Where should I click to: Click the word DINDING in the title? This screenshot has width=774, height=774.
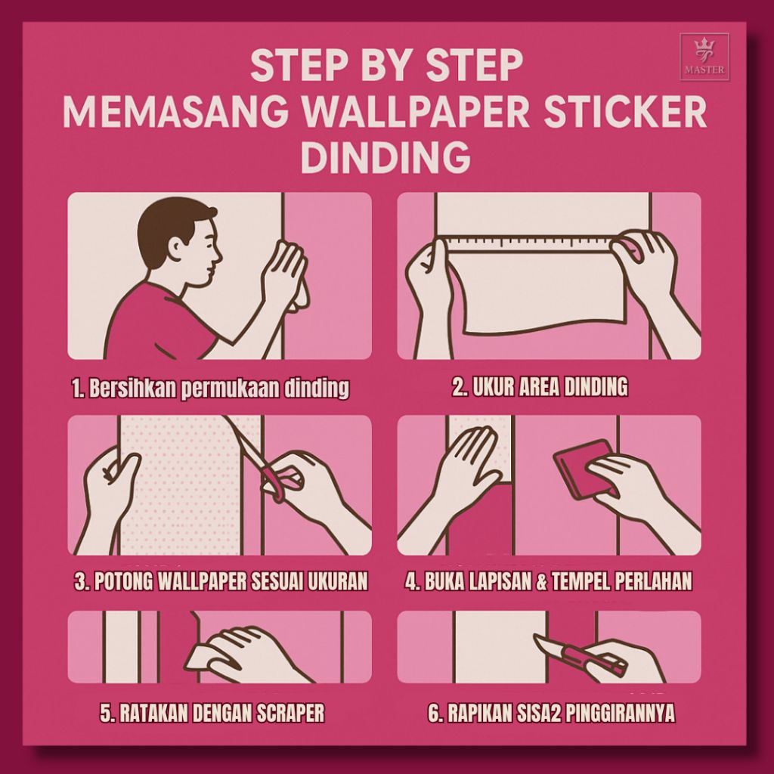(385, 157)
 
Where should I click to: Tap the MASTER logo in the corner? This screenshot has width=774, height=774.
(704, 57)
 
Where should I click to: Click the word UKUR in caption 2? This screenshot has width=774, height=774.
(494, 387)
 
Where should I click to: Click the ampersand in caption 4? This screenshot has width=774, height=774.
(542, 581)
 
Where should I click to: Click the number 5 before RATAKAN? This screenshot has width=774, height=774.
(106, 713)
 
